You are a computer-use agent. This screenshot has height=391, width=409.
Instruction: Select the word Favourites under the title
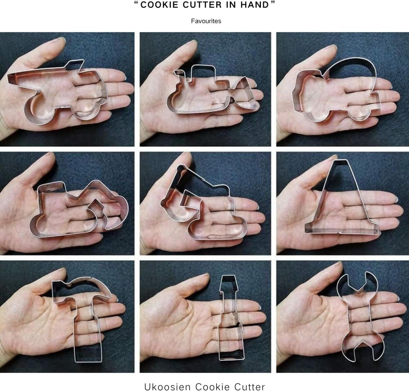206,21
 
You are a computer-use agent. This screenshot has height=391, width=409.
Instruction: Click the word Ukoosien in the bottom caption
167,386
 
